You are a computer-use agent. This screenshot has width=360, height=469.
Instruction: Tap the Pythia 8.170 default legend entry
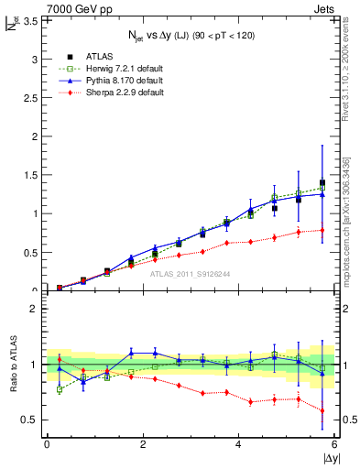click(x=115, y=81)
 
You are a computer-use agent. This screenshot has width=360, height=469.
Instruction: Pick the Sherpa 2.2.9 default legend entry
click(x=116, y=93)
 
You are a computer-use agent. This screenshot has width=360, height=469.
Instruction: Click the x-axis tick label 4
click(x=238, y=444)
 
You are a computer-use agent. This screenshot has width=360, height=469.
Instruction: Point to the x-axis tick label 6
click(x=334, y=444)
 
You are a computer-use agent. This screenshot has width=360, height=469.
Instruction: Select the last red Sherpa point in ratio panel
click(x=322, y=410)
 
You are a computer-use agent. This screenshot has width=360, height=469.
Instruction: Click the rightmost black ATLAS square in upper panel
click(x=322, y=183)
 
